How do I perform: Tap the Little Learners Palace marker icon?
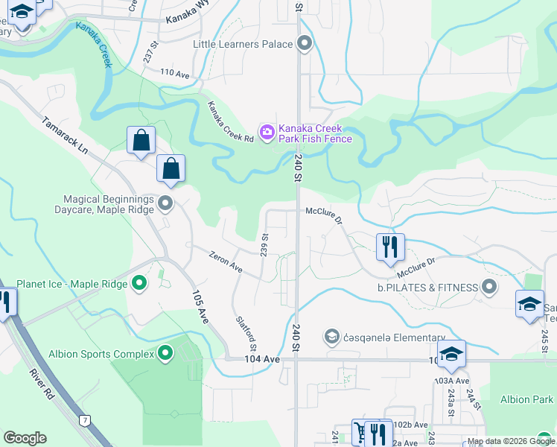304,44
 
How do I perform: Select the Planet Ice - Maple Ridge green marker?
139,283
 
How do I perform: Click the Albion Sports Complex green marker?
165,354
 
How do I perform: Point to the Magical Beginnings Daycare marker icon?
165,203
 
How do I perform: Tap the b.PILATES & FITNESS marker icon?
489,287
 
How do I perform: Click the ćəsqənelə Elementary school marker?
331,337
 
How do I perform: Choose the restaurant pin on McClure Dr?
390,247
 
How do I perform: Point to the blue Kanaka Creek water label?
94,45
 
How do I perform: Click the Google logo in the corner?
25,438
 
